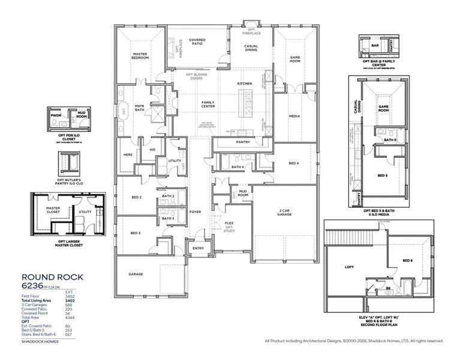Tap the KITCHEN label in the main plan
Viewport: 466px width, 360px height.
(x=244, y=83)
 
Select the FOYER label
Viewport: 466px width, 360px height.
(x=196, y=211)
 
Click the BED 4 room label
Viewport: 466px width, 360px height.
(x=293, y=163)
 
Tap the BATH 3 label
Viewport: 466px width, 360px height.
(x=168, y=218)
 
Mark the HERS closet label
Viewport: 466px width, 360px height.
(x=128, y=155)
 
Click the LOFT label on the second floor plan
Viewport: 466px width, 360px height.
(x=350, y=267)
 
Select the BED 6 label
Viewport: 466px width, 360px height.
(x=407, y=260)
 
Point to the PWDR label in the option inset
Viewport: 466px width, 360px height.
(x=56, y=114)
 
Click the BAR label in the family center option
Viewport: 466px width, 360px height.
(x=374, y=45)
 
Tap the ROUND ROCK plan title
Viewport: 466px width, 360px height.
(x=52, y=277)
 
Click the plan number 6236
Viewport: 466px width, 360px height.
(x=34, y=286)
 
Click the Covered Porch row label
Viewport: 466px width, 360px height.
(x=34, y=313)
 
